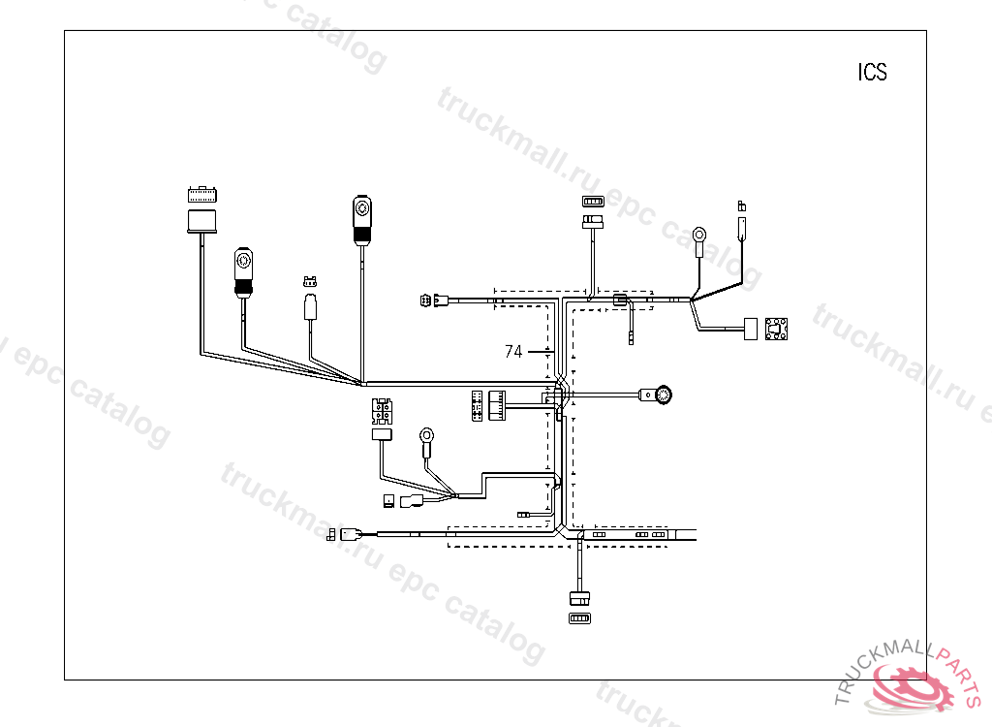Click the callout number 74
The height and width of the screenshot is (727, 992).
[x=513, y=352]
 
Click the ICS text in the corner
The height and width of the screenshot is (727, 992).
[x=872, y=73]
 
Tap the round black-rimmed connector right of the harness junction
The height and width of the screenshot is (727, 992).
[x=663, y=395]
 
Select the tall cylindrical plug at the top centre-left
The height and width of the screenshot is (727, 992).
[x=361, y=219]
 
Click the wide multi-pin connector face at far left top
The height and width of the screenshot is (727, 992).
[x=201, y=192]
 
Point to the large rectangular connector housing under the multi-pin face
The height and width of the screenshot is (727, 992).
[x=201, y=219]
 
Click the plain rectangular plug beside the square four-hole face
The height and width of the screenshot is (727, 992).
[x=750, y=330]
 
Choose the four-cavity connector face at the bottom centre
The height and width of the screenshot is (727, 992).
[x=580, y=617]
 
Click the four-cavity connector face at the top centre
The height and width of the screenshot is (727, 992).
[x=592, y=202]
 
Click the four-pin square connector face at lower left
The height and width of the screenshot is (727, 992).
[x=382, y=411]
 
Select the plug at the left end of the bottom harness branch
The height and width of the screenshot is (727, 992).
[x=349, y=533]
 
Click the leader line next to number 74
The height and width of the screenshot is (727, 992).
[x=539, y=352]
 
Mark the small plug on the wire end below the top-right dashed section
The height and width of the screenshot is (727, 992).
[x=632, y=338]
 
